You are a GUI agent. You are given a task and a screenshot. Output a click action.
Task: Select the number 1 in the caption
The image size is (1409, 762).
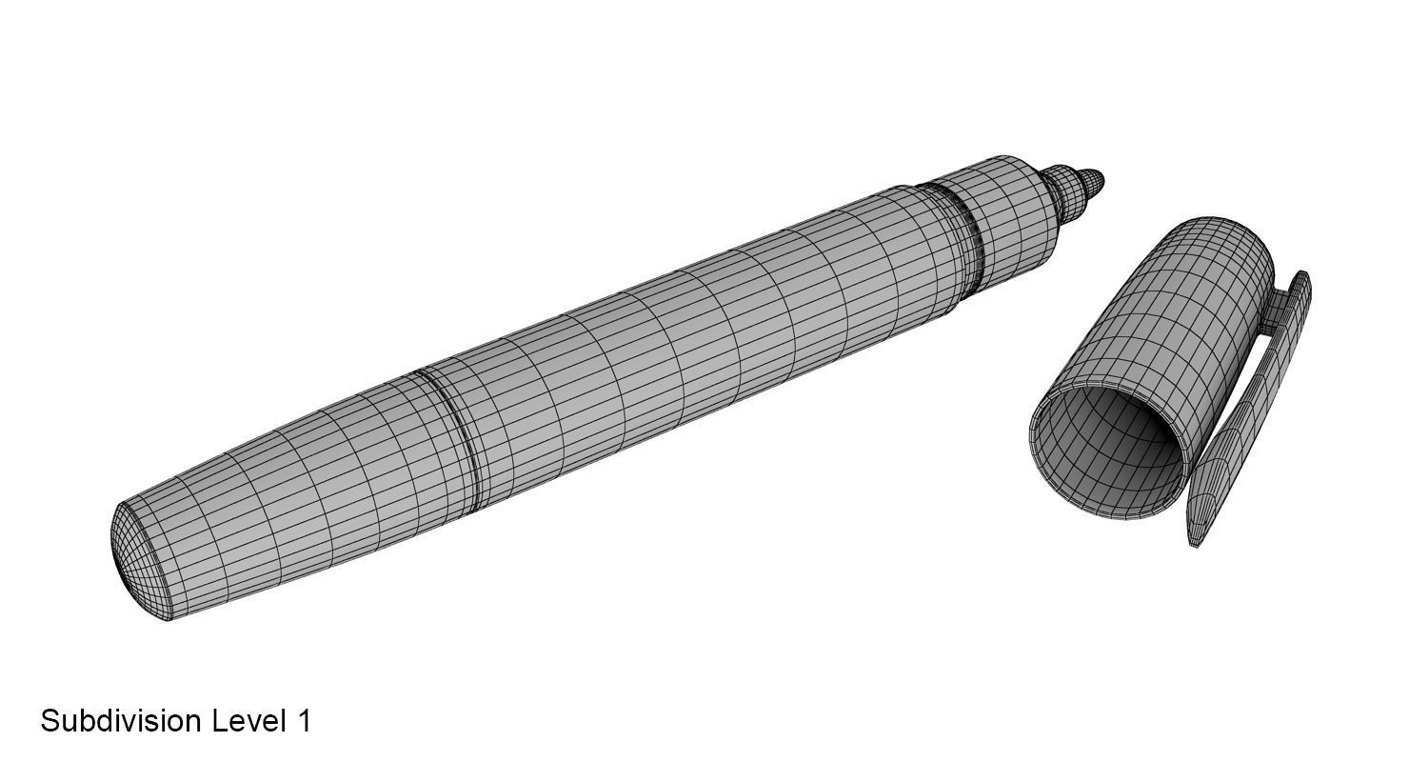[x=304, y=721]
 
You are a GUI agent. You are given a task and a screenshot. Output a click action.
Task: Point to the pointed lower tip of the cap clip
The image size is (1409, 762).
[x=1196, y=538]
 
